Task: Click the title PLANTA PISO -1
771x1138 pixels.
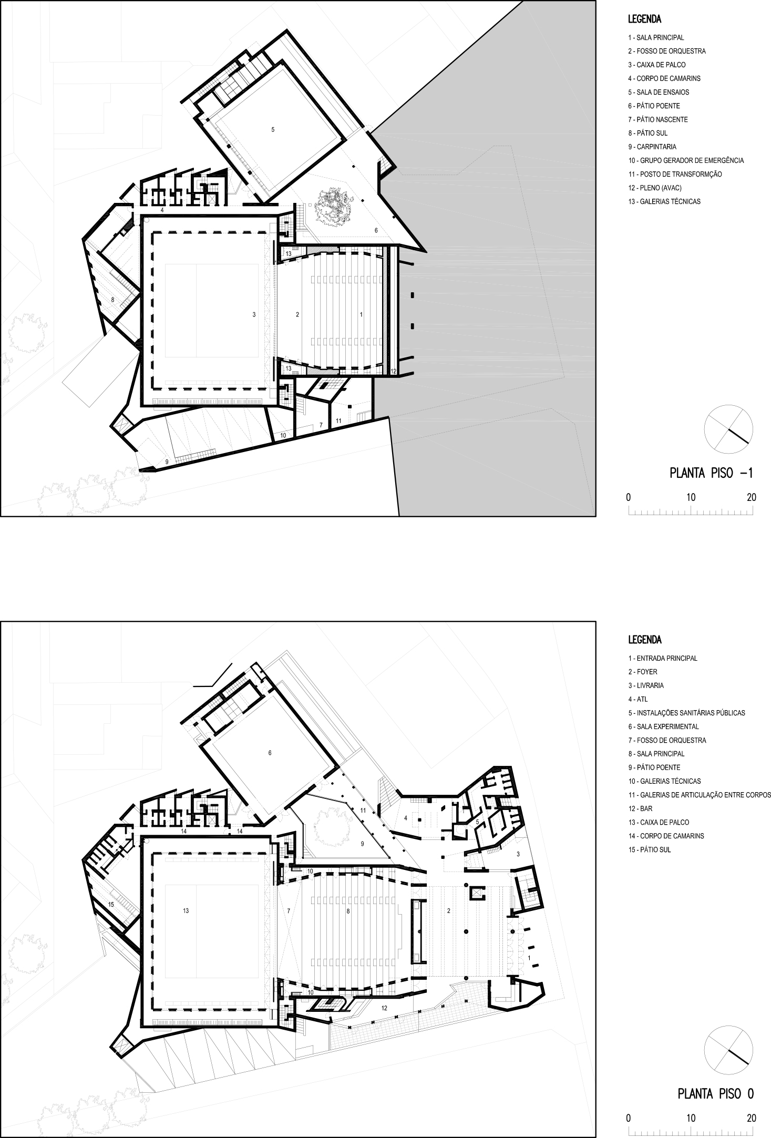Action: click(x=711, y=473)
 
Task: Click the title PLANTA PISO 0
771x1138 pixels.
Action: click(x=715, y=1094)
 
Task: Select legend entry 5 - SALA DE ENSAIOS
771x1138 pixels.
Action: click(x=659, y=92)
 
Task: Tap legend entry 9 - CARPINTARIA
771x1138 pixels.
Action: click(x=652, y=147)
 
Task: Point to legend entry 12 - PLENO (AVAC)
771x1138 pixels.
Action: click(x=655, y=188)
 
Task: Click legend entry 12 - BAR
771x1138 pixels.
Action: click(x=640, y=808)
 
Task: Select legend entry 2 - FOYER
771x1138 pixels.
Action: click(x=643, y=672)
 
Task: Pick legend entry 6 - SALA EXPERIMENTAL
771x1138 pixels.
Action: click(x=663, y=726)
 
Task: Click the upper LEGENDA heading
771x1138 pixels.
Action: click(x=644, y=20)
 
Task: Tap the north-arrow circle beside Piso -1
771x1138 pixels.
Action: click(x=728, y=429)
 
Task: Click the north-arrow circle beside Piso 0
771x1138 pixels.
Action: click(x=728, y=1049)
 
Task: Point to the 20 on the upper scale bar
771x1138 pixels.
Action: click(x=752, y=497)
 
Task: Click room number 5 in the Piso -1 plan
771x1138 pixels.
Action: click(x=273, y=129)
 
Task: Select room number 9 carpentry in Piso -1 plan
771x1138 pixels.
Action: click(x=167, y=462)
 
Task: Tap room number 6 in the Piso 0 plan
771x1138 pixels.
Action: click(x=270, y=753)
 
